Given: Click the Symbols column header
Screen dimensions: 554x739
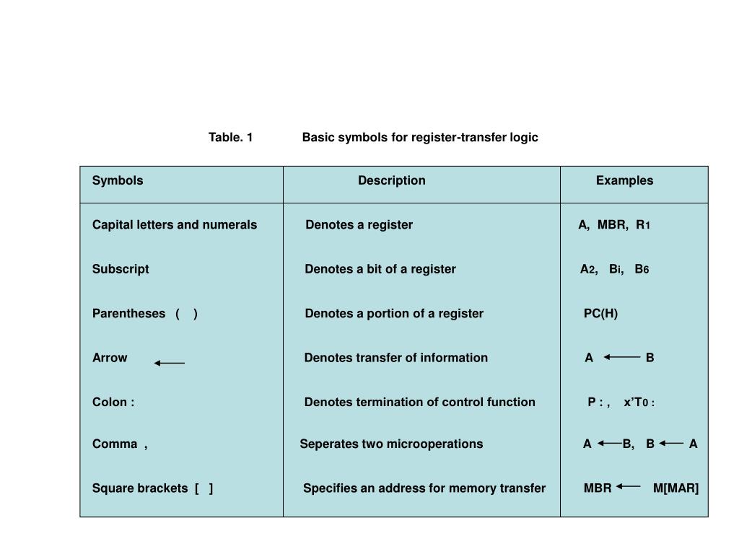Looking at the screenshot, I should point(118,181).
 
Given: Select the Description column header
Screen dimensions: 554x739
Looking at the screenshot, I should point(392,181).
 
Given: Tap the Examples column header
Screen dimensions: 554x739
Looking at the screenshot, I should point(624,181).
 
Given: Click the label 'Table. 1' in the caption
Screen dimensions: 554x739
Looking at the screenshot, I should point(230,137).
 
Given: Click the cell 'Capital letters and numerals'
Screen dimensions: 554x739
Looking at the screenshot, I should point(175,225).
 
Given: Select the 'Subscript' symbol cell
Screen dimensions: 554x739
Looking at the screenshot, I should point(121,269).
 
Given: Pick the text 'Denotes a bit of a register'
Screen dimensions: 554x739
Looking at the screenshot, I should point(380,269).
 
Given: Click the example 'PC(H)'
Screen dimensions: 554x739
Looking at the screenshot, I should point(600,314).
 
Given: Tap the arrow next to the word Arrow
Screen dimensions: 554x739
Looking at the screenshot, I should point(170,363).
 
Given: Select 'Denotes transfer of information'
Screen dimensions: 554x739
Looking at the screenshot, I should point(395,358).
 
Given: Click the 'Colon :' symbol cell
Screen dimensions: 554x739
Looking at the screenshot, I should point(113,402).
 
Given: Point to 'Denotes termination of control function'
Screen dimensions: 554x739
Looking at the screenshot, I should point(419,402).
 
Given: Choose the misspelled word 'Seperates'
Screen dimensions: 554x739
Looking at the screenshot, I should point(325,444).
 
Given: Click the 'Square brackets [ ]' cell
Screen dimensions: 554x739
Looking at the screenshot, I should point(152,488).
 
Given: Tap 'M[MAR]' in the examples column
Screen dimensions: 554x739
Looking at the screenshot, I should point(675,488).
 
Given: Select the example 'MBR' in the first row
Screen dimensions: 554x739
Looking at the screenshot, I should point(612,225).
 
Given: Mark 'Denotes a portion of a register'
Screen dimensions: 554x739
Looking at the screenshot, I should point(394,314).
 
